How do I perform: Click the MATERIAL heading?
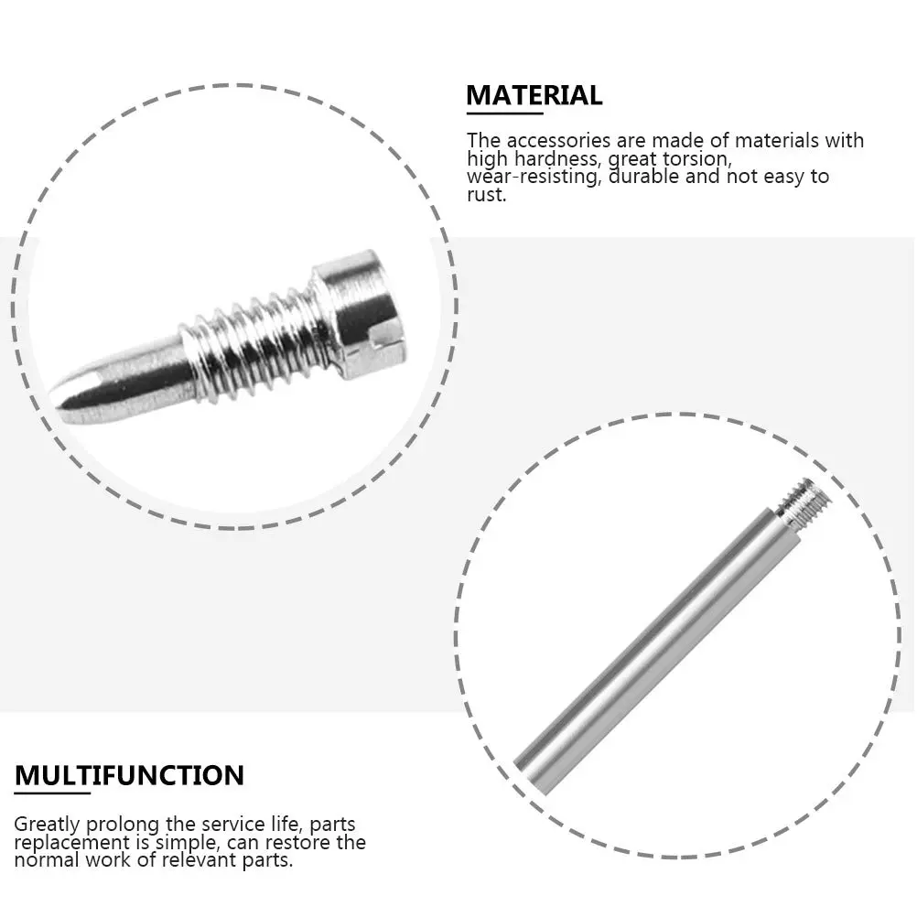534,95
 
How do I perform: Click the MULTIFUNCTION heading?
129,776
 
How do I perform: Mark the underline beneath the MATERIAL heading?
504,113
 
